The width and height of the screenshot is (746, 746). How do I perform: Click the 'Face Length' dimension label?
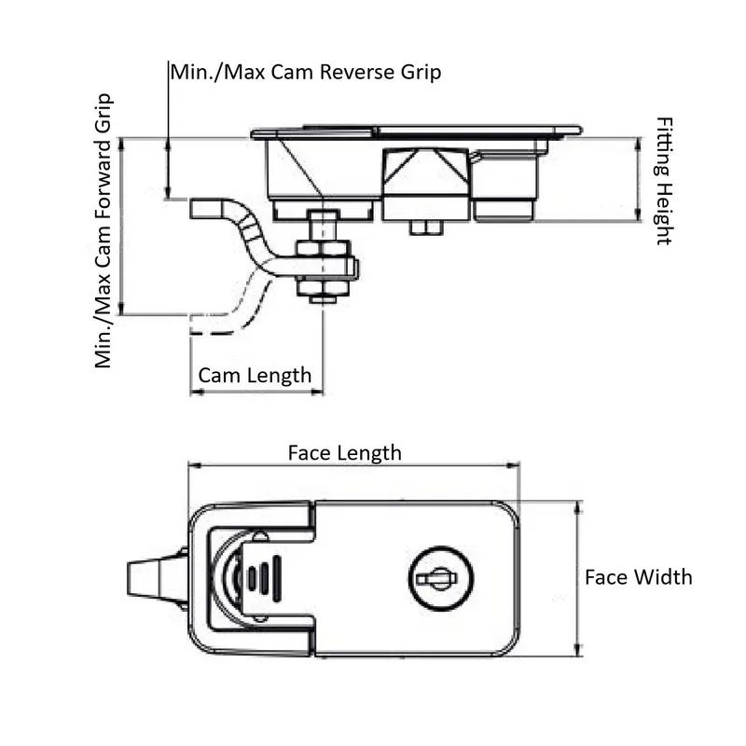pyautogui.click(x=344, y=452)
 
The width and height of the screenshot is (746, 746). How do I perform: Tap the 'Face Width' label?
pyautogui.click(x=638, y=576)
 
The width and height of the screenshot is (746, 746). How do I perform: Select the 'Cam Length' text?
pyautogui.click(x=254, y=375)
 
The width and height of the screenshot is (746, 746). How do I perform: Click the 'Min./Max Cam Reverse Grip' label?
pyautogui.click(x=305, y=72)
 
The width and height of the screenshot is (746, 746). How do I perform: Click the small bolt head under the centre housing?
pyautogui.click(x=424, y=227)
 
